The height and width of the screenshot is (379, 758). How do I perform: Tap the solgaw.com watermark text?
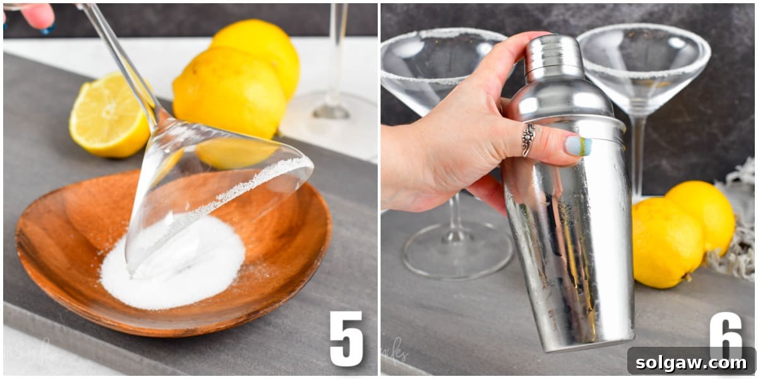[x=691, y=362]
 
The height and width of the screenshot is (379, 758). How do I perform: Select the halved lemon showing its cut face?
[x=109, y=116]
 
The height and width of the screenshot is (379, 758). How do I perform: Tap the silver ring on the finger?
[x=528, y=139]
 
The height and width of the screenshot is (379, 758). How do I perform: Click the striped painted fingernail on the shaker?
[x=578, y=146]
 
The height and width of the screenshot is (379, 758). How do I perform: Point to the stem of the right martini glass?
[x=639, y=152]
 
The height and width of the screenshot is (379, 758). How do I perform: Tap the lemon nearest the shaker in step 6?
[x=667, y=243]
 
